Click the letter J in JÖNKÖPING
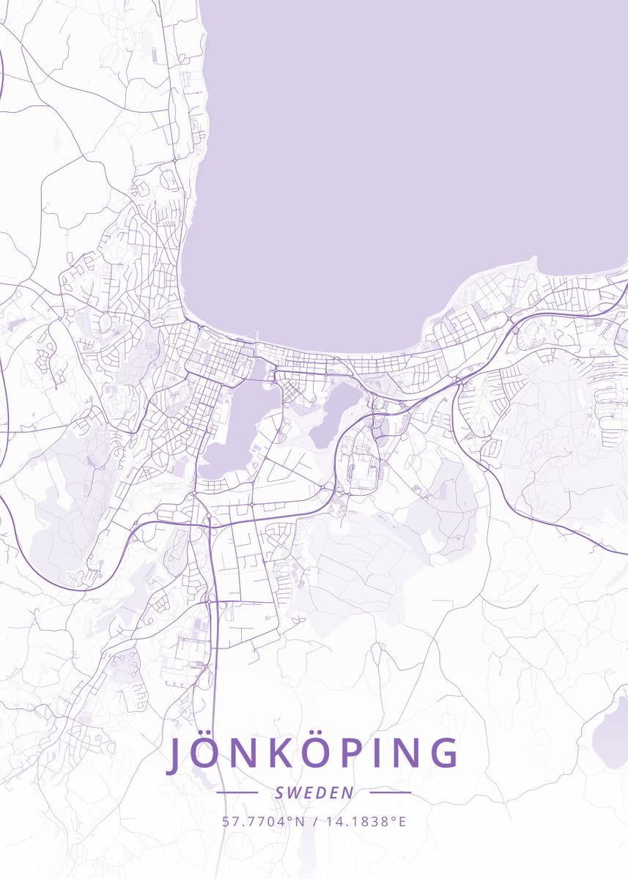coord(175,754)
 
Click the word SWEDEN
coord(314,793)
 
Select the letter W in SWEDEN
coord(292,793)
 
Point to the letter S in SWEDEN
coord(279,793)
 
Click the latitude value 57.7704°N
coord(263,821)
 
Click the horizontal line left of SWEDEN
coord(237,792)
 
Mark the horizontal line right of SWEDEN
coord(391,792)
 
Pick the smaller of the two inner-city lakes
coord(336,414)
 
